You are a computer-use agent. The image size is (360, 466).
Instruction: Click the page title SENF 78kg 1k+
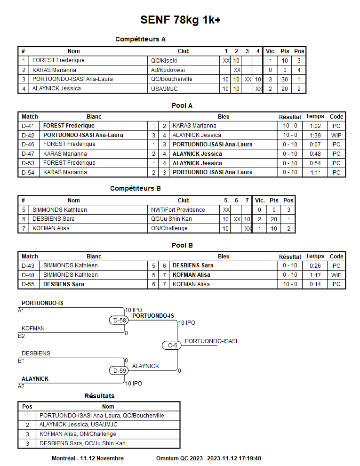[x=180, y=20]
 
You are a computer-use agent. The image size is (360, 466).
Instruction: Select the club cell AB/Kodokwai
[x=165, y=70]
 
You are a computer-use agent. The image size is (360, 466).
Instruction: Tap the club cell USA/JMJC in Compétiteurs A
[x=164, y=88]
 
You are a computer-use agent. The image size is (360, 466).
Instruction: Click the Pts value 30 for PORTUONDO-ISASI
[x=285, y=79]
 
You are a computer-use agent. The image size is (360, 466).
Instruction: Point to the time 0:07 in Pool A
[x=315, y=145]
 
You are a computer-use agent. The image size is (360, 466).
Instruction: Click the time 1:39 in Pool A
[x=315, y=135]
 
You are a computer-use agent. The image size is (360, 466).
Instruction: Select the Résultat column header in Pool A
[x=290, y=117]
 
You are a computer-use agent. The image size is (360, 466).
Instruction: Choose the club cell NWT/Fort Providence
[x=178, y=210]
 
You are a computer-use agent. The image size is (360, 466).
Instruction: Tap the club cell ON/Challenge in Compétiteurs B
[x=169, y=228]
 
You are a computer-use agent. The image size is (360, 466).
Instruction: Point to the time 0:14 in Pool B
[x=315, y=284]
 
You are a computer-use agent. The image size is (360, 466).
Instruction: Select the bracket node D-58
[x=120, y=321]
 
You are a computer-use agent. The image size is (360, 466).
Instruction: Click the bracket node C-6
[x=173, y=345]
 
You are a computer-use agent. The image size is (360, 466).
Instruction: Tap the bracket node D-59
[x=120, y=371]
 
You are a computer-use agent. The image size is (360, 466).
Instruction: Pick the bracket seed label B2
[x=22, y=336]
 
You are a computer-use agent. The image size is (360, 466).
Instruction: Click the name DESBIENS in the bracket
[x=36, y=354]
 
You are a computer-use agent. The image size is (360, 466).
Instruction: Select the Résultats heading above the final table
[x=99, y=396]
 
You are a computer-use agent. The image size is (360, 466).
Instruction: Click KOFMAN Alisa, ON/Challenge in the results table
[x=78, y=434]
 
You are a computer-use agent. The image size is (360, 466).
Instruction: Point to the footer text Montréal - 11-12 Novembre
[x=88, y=458]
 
